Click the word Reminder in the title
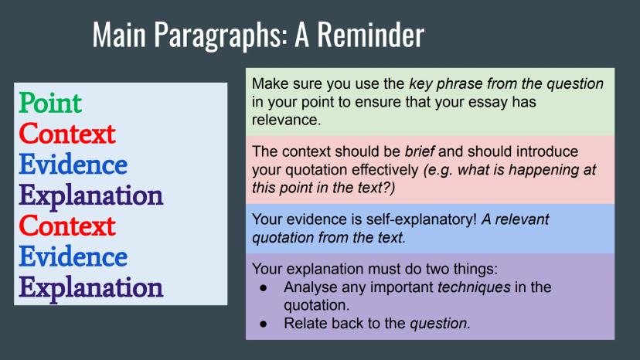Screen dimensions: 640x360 pos(370,34)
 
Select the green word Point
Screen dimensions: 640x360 pos(50,103)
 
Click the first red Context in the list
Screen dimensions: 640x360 pos(67,134)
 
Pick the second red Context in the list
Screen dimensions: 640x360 pos(67,226)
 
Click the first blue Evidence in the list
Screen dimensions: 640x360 pos(73,165)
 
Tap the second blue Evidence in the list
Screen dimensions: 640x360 pos(73,256)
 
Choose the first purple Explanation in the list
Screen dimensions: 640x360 pos(91,197)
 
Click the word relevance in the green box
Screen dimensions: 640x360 pos(286,120)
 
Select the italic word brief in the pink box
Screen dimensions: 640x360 pos(419,151)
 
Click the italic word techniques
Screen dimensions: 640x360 pos(474,287)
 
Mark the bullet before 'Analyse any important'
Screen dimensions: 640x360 pos(264,288)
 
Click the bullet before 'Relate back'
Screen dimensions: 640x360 pos(264,324)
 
